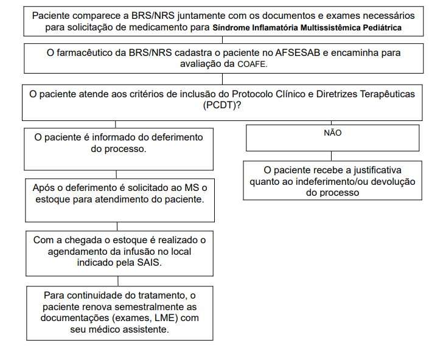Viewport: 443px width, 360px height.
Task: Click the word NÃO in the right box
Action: [332, 133]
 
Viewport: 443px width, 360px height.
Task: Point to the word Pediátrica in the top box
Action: [382, 28]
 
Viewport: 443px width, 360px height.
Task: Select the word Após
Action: [43, 188]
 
